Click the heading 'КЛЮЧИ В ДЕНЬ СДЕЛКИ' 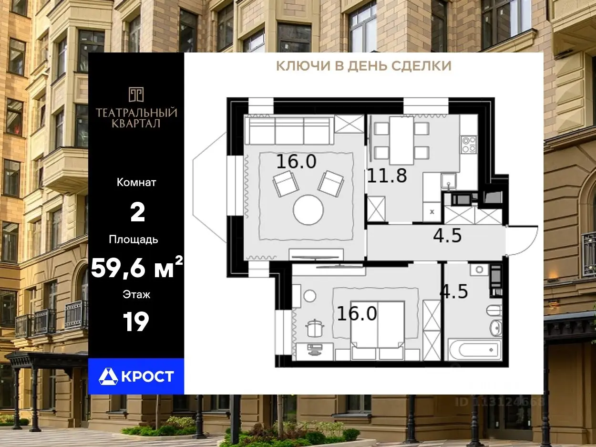point(364,66)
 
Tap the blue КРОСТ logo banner point(136,376)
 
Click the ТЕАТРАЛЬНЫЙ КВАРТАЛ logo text point(136,118)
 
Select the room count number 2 point(137,213)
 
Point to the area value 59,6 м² point(136,267)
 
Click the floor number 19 point(136,322)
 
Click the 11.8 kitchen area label point(387,176)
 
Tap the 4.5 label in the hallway point(447,235)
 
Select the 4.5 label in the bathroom point(454,291)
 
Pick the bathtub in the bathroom point(474,349)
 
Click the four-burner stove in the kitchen point(469,145)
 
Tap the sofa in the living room point(289,130)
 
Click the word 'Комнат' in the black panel point(136,183)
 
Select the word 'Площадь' point(134,239)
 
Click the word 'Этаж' point(136,294)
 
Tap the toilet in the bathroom point(494,310)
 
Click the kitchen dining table point(401,141)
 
